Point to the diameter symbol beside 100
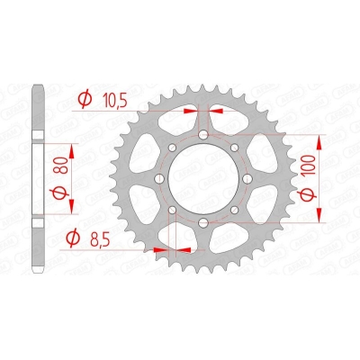[x=334, y=202]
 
